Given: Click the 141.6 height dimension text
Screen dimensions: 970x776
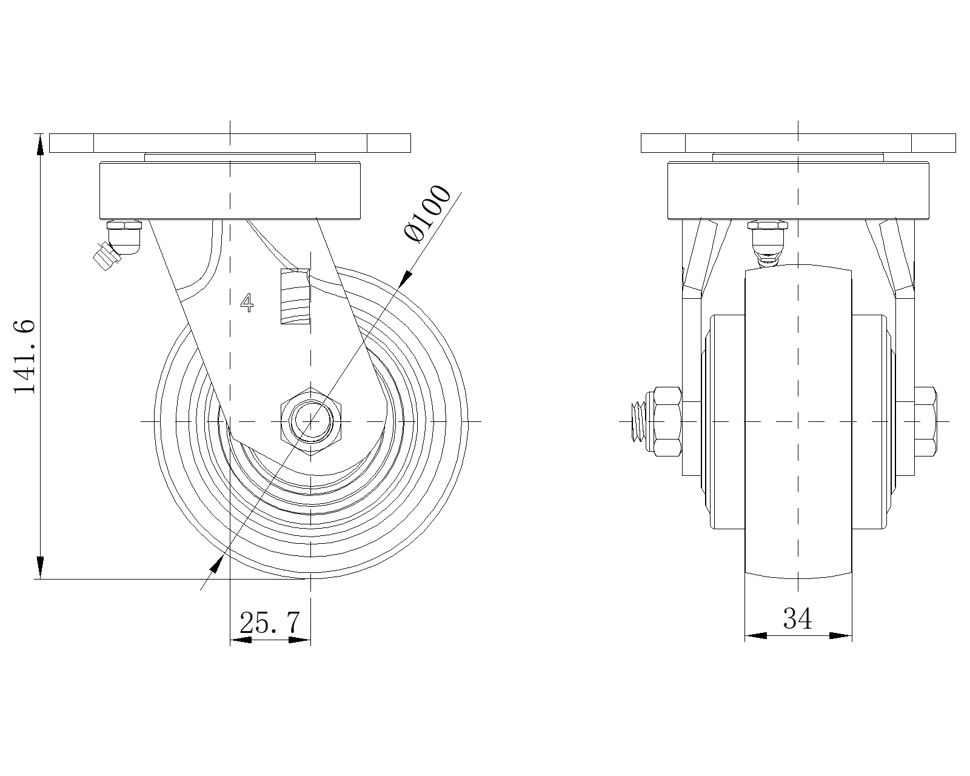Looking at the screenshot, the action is (x=24, y=356).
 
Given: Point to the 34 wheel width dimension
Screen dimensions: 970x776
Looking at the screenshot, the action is (x=797, y=618).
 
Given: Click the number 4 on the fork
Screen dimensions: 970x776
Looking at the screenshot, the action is (x=247, y=303).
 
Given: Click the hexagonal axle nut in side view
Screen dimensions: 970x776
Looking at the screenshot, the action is (x=311, y=421).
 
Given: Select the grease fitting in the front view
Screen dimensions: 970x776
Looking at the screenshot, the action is (x=767, y=244).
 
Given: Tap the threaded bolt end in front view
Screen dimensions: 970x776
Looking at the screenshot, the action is (x=638, y=421).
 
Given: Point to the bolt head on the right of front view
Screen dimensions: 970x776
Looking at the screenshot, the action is (x=925, y=421).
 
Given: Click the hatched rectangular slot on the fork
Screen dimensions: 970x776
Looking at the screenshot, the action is (x=295, y=296).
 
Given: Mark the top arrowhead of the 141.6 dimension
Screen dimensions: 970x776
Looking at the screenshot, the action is (x=40, y=144).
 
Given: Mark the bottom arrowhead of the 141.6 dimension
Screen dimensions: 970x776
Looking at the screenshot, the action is (x=40, y=567).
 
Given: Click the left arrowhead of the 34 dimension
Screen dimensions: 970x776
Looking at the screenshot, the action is (x=755, y=636).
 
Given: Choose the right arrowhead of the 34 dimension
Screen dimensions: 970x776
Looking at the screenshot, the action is (x=841, y=636).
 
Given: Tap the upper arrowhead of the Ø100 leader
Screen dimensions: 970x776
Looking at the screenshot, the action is (x=406, y=278).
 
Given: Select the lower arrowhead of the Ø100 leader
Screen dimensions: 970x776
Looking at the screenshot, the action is (x=217, y=564).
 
